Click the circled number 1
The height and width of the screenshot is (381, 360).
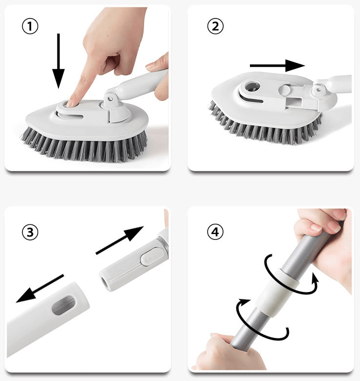click(30, 26)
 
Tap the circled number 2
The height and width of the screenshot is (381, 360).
click(215, 26)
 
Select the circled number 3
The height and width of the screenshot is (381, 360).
click(30, 232)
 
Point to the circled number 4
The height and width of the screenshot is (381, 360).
click(215, 232)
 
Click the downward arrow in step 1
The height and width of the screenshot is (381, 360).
click(58, 61)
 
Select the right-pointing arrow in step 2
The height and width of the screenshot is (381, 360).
click(277, 65)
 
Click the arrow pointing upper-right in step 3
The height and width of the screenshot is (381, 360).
click(120, 240)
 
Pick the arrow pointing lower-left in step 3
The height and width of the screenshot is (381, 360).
click(39, 289)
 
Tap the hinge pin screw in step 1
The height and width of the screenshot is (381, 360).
click(111, 98)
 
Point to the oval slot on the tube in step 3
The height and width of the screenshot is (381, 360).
click(63, 305)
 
